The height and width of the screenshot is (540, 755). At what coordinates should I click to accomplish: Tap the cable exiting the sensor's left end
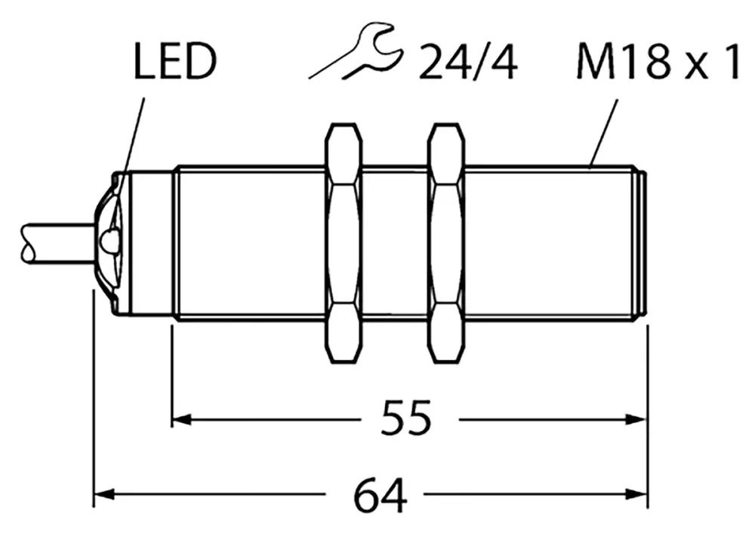[53, 241]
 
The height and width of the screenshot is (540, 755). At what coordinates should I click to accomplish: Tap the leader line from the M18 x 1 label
[604, 128]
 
